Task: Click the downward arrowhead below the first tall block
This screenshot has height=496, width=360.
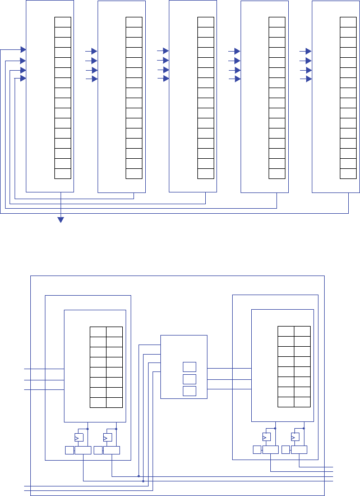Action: pos(61,220)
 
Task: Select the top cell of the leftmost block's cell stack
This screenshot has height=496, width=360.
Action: pos(63,22)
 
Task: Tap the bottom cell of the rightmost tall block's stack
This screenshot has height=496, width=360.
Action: pos(348,173)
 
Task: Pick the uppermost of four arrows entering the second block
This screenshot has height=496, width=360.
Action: pos(94,51)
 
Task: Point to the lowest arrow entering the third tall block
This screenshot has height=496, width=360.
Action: pos(166,79)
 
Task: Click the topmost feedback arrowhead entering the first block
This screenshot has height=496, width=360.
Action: pos(23,50)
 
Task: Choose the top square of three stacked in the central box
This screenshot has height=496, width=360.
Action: pos(190,367)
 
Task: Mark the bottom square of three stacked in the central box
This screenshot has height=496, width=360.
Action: pos(190,391)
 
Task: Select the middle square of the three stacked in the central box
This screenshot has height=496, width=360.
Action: pos(190,379)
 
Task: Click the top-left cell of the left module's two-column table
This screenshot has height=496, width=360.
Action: pos(98,332)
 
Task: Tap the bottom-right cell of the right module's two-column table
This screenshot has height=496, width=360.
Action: pos(303,402)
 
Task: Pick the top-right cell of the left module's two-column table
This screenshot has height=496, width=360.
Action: pos(114,332)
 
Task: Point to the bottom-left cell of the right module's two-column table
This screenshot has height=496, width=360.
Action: pos(286,402)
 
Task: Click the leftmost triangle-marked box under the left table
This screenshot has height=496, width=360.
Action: pos(79,437)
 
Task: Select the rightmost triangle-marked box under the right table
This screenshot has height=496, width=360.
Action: pos(296,437)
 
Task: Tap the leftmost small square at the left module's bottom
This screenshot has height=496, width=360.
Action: pos(69,450)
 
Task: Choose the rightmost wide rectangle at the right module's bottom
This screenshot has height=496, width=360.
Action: pos(299,450)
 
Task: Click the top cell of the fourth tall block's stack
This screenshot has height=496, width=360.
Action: pos(277,22)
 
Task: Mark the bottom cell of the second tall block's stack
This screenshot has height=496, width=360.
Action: pos(134,173)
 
